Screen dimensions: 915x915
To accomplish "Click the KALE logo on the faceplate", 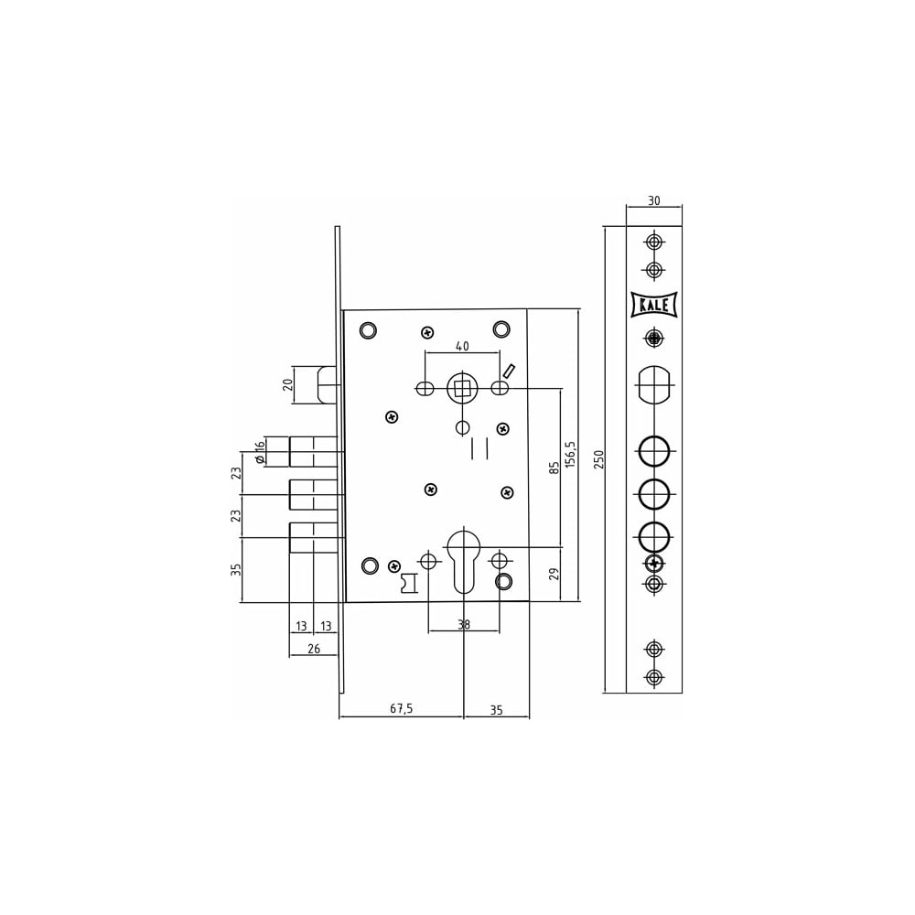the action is (654, 305).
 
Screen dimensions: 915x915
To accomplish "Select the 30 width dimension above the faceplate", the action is (654, 200).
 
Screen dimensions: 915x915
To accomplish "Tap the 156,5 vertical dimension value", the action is (571, 454).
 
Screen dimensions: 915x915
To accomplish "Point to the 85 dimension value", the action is (554, 467).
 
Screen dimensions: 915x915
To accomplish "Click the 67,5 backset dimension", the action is (402, 708).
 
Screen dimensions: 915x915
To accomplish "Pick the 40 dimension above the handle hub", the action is (461, 347).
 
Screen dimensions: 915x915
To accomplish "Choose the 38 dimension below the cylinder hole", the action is (464, 625).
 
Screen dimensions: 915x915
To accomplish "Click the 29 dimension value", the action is (554, 574).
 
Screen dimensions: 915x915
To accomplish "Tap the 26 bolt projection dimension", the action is (314, 649).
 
